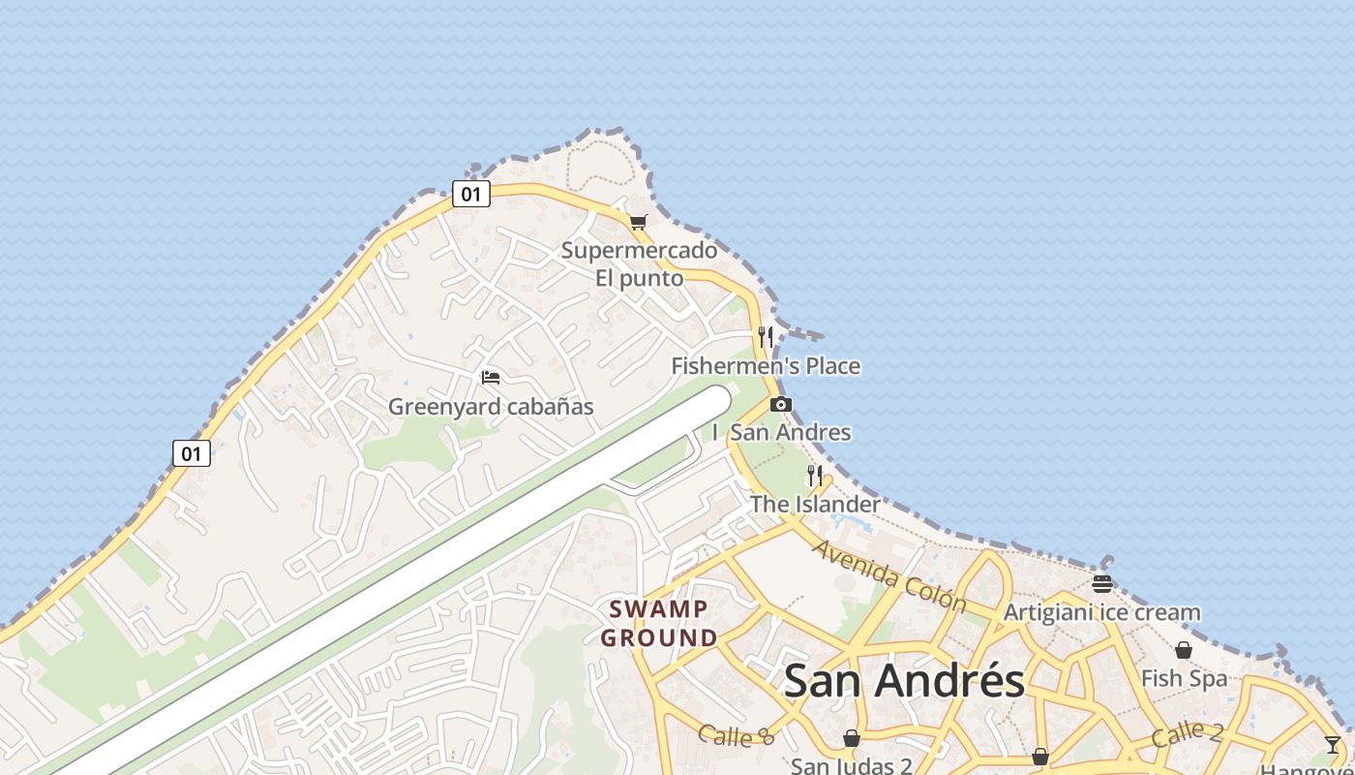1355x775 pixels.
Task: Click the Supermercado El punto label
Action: (x=639, y=264)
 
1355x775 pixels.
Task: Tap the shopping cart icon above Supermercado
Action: (x=638, y=222)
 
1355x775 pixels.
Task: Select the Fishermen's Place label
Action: (x=766, y=366)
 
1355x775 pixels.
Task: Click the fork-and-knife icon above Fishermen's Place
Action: (x=766, y=336)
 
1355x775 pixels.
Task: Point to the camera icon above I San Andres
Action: (x=781, y=404)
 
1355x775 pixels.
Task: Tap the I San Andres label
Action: (x=782, y=432)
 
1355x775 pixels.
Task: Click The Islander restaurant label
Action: (x=815, y=504)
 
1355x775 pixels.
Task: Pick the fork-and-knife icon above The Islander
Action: (x=815, y=475)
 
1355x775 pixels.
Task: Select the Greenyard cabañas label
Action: (x=491, y=407)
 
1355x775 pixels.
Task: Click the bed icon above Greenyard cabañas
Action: (x=491, y=377)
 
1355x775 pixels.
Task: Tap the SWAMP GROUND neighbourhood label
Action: (x=659, y=623)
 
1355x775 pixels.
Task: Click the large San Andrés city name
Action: (x=904, y=680)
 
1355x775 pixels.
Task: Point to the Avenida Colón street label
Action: (x=888, y=575)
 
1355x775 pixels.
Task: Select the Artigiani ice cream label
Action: (x=1101, y=612)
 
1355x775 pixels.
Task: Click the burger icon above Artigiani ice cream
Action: (x=1101, y=583)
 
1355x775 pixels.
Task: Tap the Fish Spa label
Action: (x=1184, y=678)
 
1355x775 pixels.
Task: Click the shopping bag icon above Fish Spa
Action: (x=1184, y=650)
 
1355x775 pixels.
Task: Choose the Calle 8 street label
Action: (x=736, y=736)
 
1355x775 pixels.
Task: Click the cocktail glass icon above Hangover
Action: (x=1333, y=744)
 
